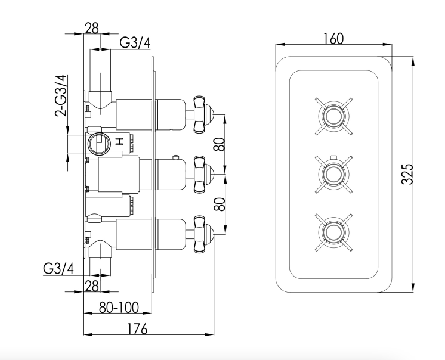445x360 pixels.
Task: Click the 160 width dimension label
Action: [333, 39]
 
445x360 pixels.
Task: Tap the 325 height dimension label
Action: [407, 174]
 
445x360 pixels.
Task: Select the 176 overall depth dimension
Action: [137, 329]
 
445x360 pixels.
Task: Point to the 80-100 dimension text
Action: [119, 307]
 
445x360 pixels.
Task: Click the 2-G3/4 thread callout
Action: [61, 96]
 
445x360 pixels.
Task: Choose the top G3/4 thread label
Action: [135, 43]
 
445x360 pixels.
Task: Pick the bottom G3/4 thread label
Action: [58, 268]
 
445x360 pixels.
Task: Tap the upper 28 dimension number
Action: [92, 28]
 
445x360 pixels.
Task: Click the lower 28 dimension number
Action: [92, 285]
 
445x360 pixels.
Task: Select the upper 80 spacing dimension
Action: [220, 144]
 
